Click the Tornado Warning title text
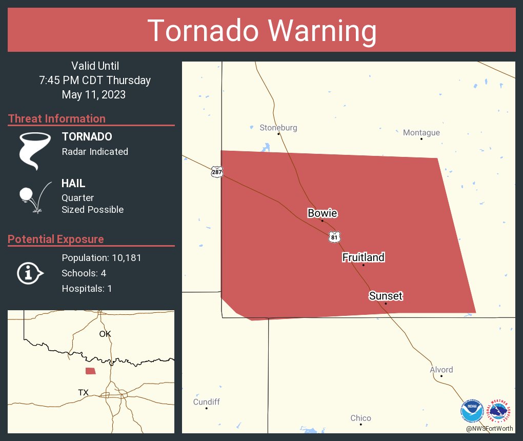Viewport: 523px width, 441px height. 261,31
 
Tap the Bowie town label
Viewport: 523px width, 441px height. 322,213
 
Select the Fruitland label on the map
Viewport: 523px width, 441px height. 363,257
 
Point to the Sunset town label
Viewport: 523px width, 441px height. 386,296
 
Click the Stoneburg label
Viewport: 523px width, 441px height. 278,128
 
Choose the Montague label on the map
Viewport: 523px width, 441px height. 421,133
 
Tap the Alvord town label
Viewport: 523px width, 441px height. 441,370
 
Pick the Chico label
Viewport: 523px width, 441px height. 360,418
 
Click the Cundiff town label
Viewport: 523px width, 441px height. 206,402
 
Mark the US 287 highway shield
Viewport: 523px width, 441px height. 217,172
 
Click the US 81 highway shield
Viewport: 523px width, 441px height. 334,237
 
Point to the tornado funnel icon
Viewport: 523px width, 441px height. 34,150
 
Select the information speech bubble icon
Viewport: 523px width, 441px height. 30,273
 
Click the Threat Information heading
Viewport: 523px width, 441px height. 57,119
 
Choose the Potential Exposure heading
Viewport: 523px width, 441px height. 56,239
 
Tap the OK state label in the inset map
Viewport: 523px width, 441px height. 105,334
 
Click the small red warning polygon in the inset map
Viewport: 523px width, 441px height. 90,371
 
